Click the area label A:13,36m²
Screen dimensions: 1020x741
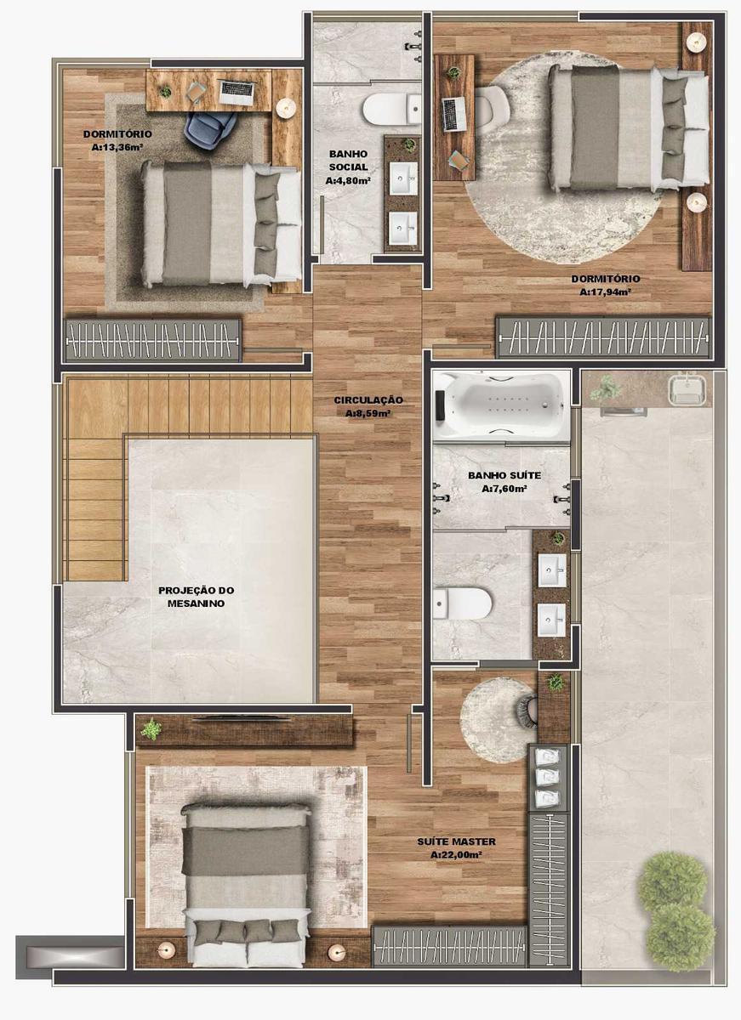pyautogui.click(x=117, y=147)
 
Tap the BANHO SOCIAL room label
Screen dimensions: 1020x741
pyautogui.click(x=348, y=161)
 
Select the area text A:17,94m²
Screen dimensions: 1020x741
pyautogui.click(x=605, y=292)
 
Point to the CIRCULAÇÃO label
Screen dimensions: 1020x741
pyautogui.click(x=368, y=399)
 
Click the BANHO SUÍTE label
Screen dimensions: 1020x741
pyautogui.click(x=504, y=476)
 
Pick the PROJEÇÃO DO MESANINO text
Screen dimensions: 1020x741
pyautogui.click(x=197, y=597)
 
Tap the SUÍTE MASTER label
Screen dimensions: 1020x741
pyautogui.click(x=456, y=841)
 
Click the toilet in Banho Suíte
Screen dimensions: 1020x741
pyautogui.click(x=465, y=603)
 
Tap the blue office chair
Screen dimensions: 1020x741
pyautogui.click(x=211, y=127)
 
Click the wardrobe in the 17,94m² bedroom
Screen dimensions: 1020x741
pyautogui.click(x=603, y=337)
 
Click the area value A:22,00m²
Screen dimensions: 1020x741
pyautogui.click(x=456, y=854)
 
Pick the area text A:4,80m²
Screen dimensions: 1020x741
pyautogui.click(x=348, y=180)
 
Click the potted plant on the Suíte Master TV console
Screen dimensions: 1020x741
pyautogui.click(x=151, y=728)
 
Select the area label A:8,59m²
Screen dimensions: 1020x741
pyautogui.click(x=368, y=414)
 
